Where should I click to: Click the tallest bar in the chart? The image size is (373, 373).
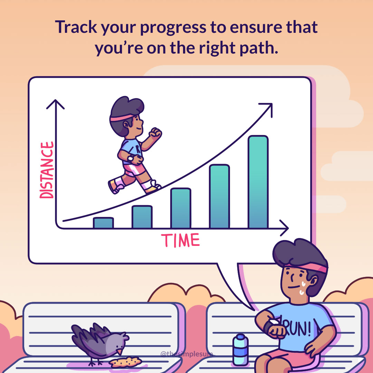(258, 182)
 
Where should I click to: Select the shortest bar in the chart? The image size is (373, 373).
(103, 223)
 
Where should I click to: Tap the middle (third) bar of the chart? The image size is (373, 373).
(181, 208)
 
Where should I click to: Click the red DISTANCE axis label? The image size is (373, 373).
(47, 170)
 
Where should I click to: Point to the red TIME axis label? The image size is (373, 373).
(180, 240)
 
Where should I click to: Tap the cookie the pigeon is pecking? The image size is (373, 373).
(125, 362)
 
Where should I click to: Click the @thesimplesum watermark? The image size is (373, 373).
(186, 354)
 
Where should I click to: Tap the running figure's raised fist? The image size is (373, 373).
(155, 133)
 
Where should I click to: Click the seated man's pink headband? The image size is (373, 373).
(307, 267)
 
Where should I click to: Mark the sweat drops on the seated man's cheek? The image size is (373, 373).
(303, 288)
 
